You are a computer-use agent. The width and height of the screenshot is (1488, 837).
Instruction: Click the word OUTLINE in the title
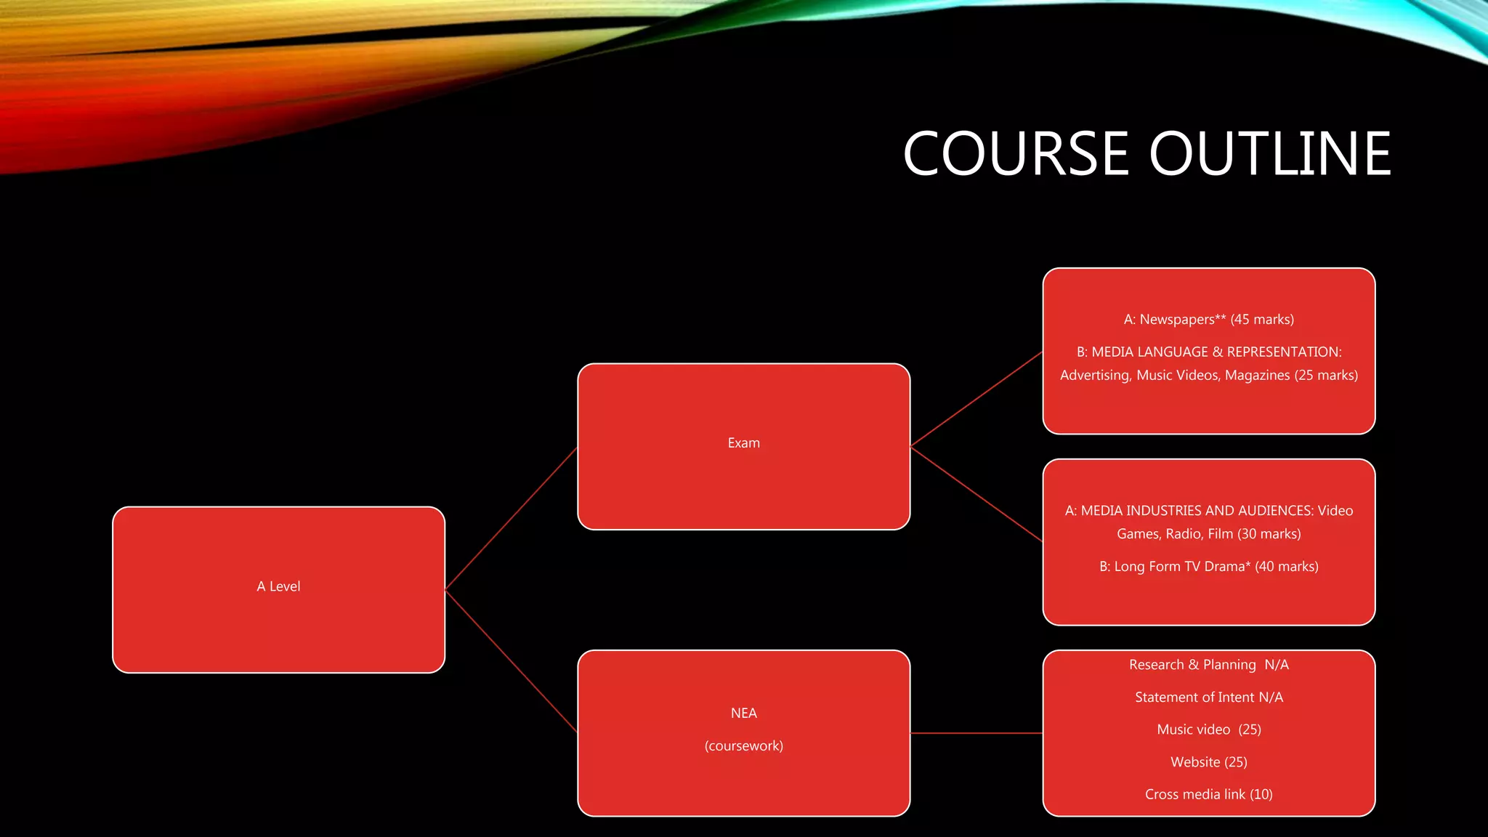(x=1269, y=154)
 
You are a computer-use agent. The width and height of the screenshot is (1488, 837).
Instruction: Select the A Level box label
(x=278, y=586)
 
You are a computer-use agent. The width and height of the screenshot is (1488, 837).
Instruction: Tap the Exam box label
(x=743, y=443)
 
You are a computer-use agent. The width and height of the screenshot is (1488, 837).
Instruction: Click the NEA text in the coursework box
(x=743, y=713)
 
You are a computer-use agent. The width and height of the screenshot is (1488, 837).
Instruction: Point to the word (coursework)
(x=743, y=746)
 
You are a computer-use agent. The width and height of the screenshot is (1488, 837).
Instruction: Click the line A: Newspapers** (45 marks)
(x=1208, y=320)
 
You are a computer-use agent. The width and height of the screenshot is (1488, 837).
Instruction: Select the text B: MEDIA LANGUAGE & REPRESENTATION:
(x=1208, y=352)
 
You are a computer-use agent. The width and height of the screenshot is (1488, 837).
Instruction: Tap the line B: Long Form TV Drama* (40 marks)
(x=1208, y=567)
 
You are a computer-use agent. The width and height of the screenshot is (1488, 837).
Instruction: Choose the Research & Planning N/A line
(x=1208, y=665)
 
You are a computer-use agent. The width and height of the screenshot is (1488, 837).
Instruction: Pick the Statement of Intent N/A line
(x=1208, y=697)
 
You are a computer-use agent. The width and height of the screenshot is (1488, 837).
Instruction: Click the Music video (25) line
(x=1208, y=729)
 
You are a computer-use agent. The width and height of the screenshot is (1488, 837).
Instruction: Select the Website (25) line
(x=1208, y=762)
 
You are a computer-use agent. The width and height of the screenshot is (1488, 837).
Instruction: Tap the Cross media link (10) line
(x=1208, y=795)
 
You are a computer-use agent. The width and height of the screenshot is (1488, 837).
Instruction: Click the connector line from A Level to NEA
(x=511, y=661)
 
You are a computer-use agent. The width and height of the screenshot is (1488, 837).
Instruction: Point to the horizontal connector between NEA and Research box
(x=976, y=733)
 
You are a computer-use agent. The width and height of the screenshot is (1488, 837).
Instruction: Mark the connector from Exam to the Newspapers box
(x=976, y=399)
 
